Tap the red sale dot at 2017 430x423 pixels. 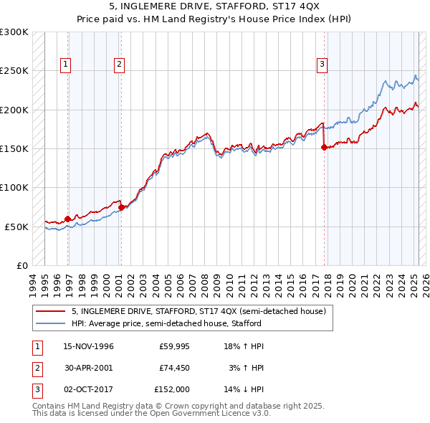tap(324, 147)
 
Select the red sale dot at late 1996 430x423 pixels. tap(68, 219)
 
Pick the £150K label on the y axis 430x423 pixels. tap(14, 148)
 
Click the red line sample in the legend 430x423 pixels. tap(50, 311)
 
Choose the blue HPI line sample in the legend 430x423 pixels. tap(50, 323)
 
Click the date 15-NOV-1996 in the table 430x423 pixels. tap(89, 346)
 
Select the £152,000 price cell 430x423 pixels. tap(172, 391)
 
